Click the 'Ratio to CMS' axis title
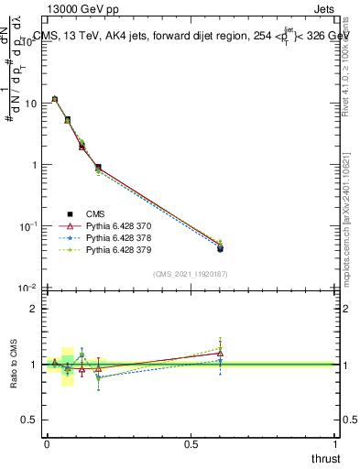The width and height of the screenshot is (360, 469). (x=12, y=365)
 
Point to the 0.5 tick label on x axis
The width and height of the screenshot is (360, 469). (x=191, y=444)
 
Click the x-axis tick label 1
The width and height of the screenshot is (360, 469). (x=335, y=444)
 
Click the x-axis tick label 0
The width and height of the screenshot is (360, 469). (x=47, y=444)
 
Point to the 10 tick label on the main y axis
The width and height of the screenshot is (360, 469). (x=29, y=104)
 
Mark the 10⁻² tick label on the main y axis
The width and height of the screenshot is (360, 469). (x=27, y=288)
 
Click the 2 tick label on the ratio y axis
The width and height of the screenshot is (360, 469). (x=35, y=309)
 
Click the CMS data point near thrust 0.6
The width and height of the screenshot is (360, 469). (x=220, y=248)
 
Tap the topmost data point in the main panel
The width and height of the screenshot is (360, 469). (x=55, y=99)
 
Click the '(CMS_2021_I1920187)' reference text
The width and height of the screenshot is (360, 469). (x=190, y=274)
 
